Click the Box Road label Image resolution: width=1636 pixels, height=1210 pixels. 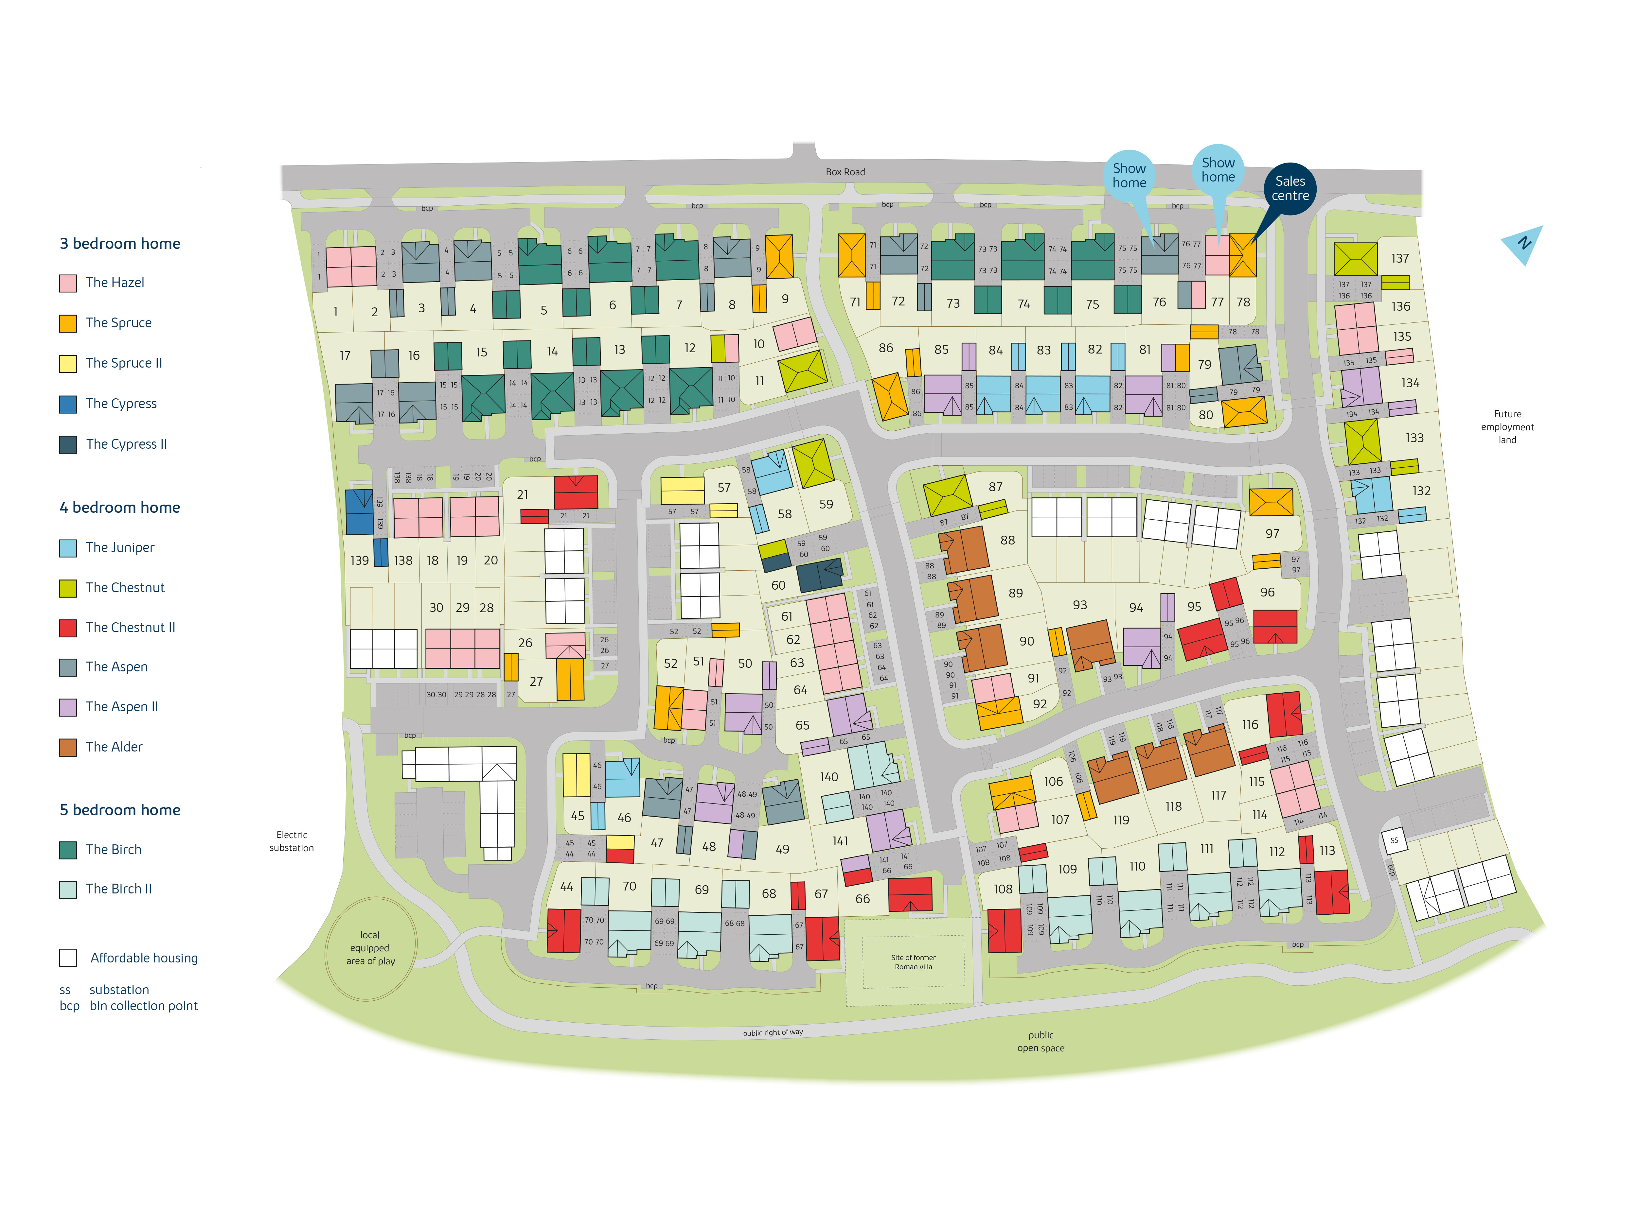pos(845,172)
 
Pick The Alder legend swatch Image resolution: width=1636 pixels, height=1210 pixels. pos(68,747)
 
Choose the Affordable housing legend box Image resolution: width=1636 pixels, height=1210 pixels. pos(68,957)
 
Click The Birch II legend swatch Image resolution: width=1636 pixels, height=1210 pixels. pos(68,889)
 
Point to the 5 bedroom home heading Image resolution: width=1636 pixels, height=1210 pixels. pos(119,809)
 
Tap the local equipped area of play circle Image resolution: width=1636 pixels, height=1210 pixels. pos(371,948)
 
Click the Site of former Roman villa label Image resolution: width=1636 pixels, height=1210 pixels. pos(913,962)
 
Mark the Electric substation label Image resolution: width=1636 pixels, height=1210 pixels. pos(292,841)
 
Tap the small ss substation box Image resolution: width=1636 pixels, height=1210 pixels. pos(1394,840)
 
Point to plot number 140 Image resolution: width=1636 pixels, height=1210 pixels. pos(828,776)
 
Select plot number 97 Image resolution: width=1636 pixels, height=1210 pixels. pos(1272,534)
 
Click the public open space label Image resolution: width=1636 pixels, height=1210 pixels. pos(1040,1041)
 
